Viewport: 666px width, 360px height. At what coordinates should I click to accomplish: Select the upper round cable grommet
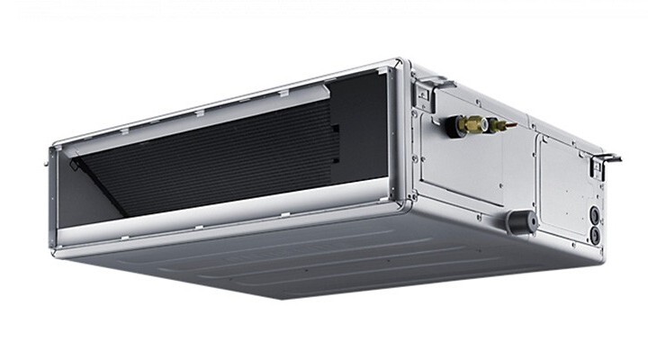pos(595,215)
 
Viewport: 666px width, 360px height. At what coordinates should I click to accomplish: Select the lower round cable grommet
pos(594,234)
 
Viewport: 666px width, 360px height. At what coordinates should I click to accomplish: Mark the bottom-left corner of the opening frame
pos(59,248)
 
